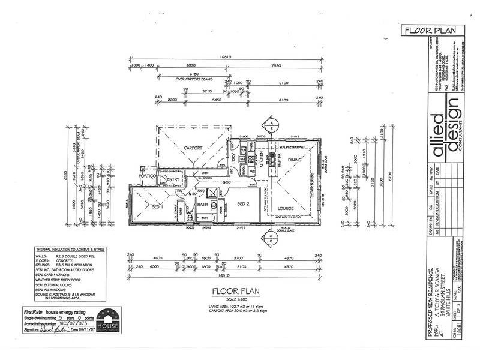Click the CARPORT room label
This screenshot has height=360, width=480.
[x=192, y=148]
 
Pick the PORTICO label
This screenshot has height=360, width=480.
[x=148, y=176]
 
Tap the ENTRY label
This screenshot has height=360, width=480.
[x=174, y=179]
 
